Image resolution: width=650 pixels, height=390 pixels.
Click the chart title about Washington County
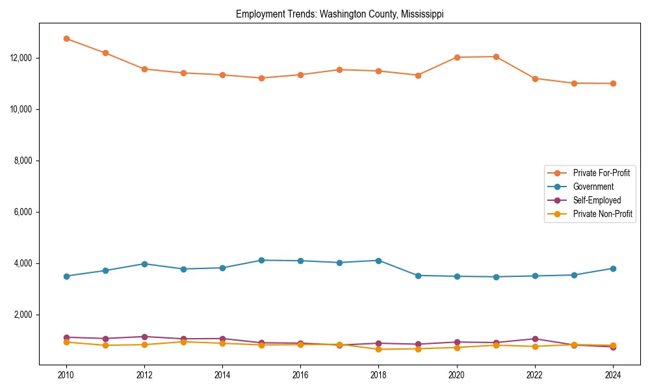[x=339, y=14]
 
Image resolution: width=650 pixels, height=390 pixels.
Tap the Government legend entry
[x=593, y=187]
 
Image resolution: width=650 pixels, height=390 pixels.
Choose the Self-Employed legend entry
[x=597, y=200]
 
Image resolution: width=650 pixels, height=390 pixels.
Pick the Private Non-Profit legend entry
[x=603, y=214]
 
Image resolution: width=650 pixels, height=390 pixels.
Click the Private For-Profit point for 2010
[x=66, y=38]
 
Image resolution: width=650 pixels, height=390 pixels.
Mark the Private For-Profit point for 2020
[x=457, y=57]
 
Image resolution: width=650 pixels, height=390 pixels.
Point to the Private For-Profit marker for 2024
[x=613, y=83]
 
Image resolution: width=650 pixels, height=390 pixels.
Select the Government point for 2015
[x=261, y=260]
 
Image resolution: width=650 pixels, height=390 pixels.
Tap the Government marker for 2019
[x=418, y=276]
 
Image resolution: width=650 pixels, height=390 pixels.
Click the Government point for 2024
[x=613, y=268]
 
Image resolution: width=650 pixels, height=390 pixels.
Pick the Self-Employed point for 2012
[x=144, y=337]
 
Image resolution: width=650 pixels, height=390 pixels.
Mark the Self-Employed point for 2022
[x=535, y=339]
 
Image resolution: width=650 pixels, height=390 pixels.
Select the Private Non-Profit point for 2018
[x=379, y=349]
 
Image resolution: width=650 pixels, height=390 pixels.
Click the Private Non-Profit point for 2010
[x=66, y=342]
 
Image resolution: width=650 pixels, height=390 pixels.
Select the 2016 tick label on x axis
[x=300, y=375]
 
